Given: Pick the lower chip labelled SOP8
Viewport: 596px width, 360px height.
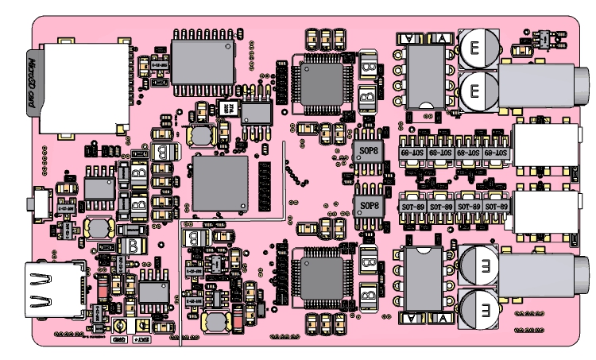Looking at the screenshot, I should tap(370, 206).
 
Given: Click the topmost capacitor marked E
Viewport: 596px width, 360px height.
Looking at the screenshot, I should tap(475, 46).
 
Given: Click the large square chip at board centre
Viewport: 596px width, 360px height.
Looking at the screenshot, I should tap(220, 184).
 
